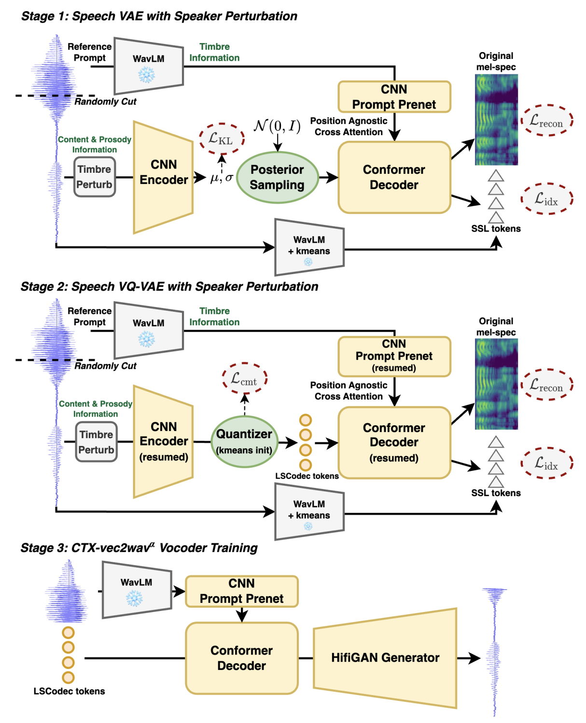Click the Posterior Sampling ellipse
[277, 177]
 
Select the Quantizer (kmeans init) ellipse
[244, 442]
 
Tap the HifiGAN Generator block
[385, 658]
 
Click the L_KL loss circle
[222, 139]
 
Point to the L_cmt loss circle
[244, 378]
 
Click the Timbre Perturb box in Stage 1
[95, 177]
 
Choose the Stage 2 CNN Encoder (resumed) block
[164, 442]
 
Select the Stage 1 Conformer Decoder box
[394, 177]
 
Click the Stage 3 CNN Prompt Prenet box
[241, 591]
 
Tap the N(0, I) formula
[277, 126]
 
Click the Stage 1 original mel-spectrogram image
[496, 120]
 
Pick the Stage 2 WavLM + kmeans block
[309, 511]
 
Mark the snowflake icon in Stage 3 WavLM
[134, 598]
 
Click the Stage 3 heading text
[139, 548]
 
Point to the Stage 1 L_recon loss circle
[546, 120]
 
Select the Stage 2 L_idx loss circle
[546, 463]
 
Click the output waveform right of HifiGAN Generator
[495, 652]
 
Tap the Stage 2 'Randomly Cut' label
[105, 366]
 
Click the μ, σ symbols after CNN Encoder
[222, 178]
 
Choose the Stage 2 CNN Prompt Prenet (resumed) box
[394, 356]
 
